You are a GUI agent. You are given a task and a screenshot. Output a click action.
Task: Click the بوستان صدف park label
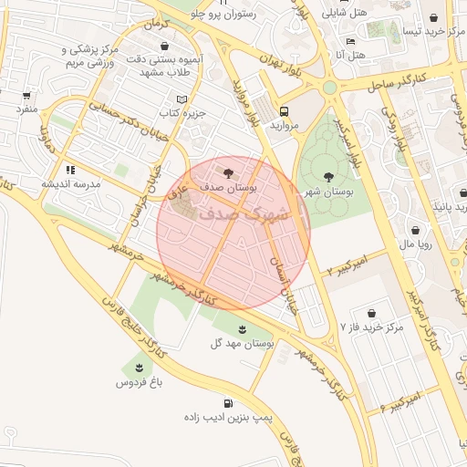point(228,186)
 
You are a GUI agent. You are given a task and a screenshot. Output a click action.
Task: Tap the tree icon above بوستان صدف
point(227,170)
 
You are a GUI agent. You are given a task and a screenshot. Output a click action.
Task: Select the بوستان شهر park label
point(327,192)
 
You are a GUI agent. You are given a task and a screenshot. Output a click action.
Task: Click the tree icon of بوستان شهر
point(328,176)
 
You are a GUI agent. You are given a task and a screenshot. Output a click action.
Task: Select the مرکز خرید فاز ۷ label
point(370,326)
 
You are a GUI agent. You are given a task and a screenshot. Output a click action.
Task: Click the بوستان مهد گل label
point(243,344)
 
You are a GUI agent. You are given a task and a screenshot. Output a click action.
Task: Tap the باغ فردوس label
point(139,382)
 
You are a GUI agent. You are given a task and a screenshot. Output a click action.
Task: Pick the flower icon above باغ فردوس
point(139,367)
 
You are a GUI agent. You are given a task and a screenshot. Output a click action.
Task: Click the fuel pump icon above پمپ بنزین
point(227,402)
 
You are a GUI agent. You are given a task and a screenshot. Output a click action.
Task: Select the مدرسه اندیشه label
point(70,183)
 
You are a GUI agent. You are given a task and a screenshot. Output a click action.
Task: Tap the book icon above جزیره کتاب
point(182,99)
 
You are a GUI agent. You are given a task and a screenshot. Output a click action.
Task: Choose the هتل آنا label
point(351,56)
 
